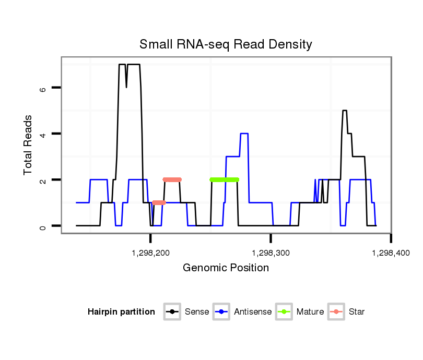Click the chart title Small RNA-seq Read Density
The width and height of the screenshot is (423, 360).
click(x=226, y=44)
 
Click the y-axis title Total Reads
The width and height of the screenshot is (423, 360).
click(x=29, y=145)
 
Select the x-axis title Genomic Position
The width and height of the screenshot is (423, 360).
click(x=226, y=268)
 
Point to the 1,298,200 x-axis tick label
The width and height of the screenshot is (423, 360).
click(x=151, y=253)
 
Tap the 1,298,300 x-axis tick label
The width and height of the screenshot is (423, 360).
click(x=271, y=253)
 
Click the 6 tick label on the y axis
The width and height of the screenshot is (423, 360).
click(x=43, y=88)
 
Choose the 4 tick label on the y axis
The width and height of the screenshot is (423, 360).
click(x=43, y=134)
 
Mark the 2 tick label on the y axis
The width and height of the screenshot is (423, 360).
click(x=43, y=180)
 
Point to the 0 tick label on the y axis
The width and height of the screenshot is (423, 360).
click(x=43, y=226)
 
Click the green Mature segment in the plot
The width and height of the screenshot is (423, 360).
click(x=224, y=179)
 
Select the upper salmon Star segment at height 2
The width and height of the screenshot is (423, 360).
click(x=172, y=179)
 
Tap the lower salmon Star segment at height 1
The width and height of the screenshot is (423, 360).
click(x=159, y=202)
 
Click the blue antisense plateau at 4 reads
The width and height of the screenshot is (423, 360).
click(x=244, y=134)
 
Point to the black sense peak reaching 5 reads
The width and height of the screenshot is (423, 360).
click(x=345, y=111)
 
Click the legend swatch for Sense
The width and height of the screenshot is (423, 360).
click(x=172, y=312)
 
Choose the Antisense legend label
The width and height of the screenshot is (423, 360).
click(x=253, y=312)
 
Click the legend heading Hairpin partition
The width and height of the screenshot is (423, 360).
click(x=121, y=312)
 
